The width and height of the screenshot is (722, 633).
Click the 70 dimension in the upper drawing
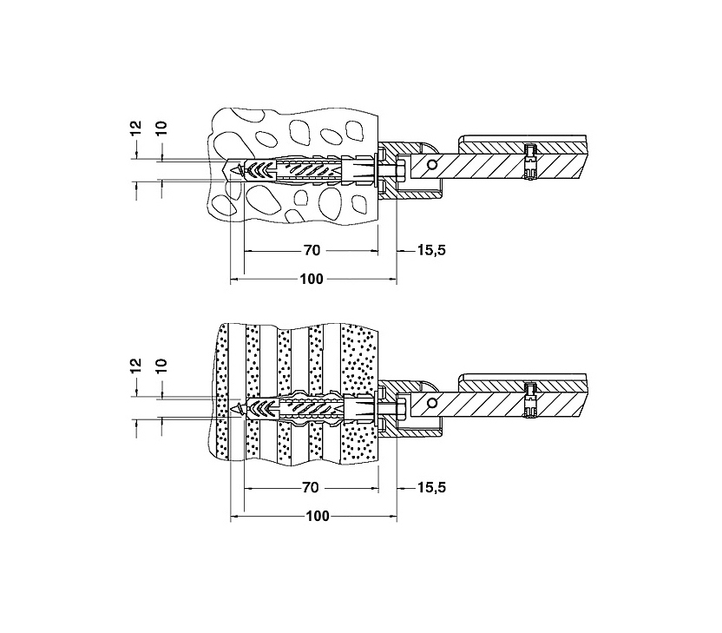[312, 250]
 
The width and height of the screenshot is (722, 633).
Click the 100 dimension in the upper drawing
[312, 279]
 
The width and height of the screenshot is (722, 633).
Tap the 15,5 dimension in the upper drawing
[431, 250]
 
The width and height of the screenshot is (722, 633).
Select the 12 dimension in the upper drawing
[136, 128]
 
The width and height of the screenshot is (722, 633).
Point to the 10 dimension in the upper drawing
[161, 128]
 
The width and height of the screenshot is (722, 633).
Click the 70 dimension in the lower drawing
[311, 487]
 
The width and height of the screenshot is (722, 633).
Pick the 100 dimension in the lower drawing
[318, 516]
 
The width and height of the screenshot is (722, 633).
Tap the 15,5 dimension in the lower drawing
[431, 487]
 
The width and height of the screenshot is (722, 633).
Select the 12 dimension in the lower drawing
[136, 366]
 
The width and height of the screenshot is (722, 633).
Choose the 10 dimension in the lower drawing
[161, 366]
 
